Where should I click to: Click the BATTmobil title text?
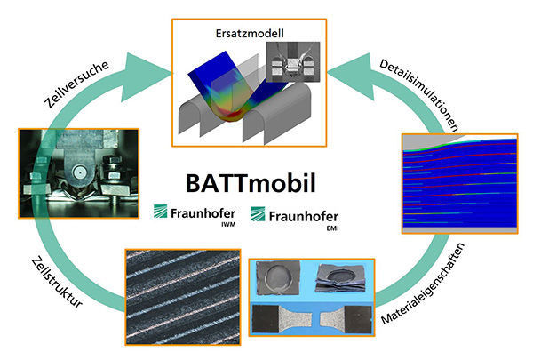(x=251, y=183)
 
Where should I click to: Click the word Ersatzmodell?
(x=250, y=34)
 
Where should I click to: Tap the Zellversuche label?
(x=76, y=84)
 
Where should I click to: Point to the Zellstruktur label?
(x=57, y=282)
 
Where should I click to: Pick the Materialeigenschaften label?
(x=423, y=283)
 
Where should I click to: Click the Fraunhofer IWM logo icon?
(x=160, y=212)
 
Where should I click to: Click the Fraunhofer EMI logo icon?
(x=258, y=213)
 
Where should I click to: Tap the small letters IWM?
(x=228, y=225)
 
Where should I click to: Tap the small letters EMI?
(x=332, y=228)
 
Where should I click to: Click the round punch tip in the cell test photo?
(x=80, y=173)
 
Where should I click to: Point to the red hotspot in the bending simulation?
(x=235, y=114)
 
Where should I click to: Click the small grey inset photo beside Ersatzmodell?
(x=293, y=62)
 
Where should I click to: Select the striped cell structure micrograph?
(x=183, y=297)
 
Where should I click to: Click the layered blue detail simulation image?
(x=459, y=183)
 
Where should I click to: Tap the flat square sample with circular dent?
(x=278, y=277)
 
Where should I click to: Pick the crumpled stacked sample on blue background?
(x=341, y=278)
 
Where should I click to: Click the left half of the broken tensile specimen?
(x=282, y=319)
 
